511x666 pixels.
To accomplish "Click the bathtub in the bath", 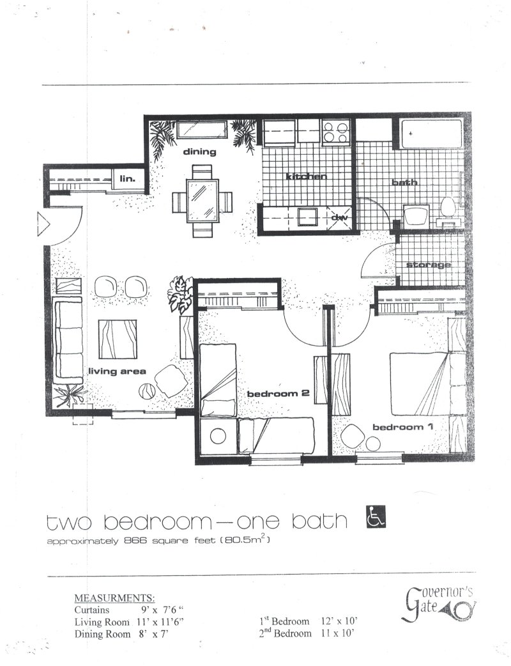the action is tap(431, 134).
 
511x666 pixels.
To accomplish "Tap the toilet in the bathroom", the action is tap(448, 207).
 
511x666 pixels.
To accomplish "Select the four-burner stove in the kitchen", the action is tap(335, 131).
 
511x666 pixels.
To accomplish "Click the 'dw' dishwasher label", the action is tap(339, 217).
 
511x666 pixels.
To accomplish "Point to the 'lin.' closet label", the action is tap(127, 179).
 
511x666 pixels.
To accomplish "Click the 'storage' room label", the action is tap(428, 265).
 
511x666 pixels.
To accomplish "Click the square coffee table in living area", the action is tap(118, 339).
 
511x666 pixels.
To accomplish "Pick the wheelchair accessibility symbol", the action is tap(376, 516).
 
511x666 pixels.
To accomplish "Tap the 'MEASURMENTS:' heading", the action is tap(114, 598).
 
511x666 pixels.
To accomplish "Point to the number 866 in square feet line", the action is tap(135, 541).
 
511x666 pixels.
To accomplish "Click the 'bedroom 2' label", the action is tap(278, 394).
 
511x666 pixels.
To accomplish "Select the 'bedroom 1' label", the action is tap(403, 427).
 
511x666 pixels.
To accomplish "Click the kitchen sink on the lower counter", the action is tap(308, 217).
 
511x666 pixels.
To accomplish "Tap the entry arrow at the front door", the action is tap(43, 224).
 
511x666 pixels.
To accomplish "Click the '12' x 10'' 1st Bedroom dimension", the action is tap(339, 621).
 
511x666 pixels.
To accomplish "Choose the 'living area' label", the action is tap(117, 371).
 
